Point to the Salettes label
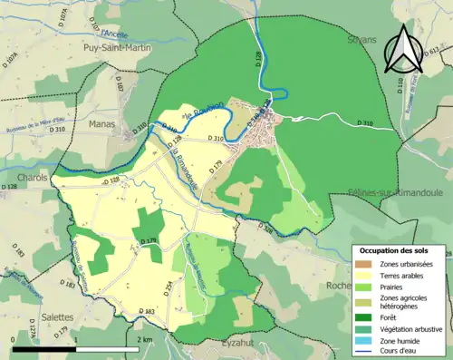[x=58, y=318]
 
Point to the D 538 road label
[x=265, y=229]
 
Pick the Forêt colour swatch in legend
[x=367, y=316]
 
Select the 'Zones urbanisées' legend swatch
[x=367, y=263]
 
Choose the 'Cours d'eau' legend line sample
[x=367, y=353]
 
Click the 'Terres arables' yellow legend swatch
[x=367, y=275]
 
